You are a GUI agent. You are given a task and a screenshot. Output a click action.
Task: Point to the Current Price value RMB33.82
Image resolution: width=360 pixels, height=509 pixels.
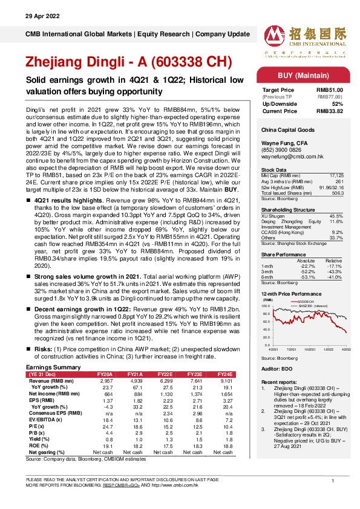(331, 111)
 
